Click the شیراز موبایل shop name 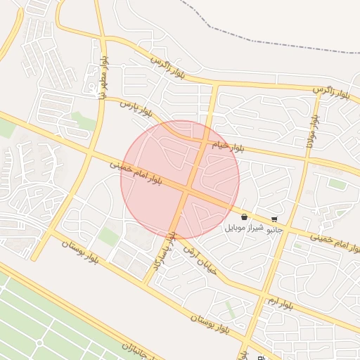tap(244, 229)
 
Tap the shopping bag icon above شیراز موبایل tap(244, 217)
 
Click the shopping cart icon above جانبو tap(274, 219)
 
